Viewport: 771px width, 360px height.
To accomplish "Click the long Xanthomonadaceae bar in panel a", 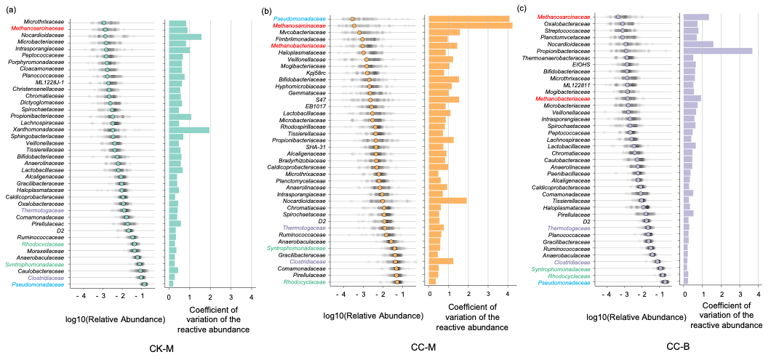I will point(189,130).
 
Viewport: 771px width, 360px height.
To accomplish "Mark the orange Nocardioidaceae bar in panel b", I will point(448,200).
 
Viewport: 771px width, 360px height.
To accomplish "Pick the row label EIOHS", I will point(581,64).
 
